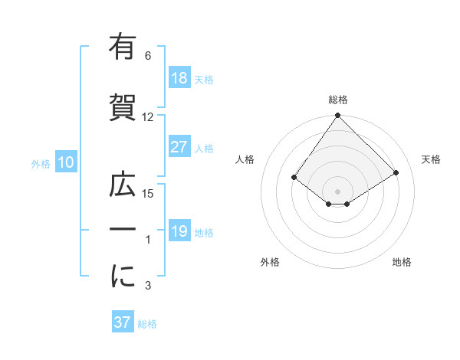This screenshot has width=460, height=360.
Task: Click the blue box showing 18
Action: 179,79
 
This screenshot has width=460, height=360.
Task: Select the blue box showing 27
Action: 179,148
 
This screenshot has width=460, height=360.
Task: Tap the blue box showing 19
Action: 179,232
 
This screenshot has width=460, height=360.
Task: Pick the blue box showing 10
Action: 65,162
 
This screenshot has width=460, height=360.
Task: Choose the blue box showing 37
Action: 123,322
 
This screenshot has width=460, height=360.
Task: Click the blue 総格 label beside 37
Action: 147,324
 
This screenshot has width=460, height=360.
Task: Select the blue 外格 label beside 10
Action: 40,163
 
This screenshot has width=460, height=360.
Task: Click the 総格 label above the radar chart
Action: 338,100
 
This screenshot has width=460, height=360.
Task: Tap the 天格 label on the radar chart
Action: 431,159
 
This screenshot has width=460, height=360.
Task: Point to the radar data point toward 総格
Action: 337,116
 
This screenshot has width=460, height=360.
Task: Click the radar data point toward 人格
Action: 294,178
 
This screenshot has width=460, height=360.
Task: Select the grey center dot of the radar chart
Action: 337,190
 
